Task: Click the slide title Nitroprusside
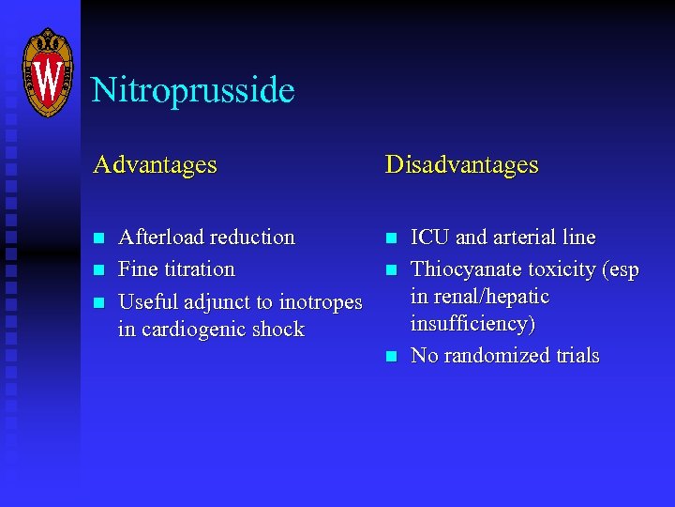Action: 193,91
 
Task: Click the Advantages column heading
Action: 155,165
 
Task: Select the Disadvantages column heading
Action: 461,165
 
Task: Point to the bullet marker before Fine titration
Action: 97,270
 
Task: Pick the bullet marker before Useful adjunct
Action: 97,302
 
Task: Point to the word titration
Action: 199,269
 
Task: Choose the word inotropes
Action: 321,302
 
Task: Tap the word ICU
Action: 429,238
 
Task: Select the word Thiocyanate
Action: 466,269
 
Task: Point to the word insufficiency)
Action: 472,324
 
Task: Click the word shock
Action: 278,330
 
